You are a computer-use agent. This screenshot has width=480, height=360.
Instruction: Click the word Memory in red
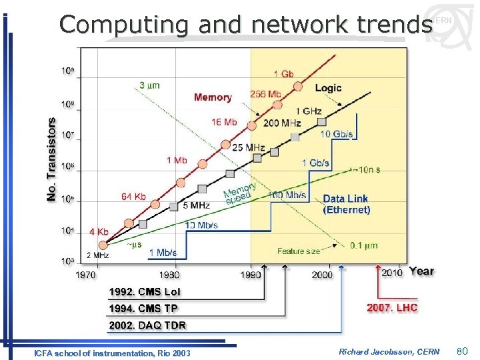213,97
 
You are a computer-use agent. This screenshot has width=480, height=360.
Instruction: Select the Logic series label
328,88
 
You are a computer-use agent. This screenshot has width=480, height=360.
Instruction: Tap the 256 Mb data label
266,94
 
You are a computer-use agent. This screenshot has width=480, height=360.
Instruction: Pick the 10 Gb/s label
337,134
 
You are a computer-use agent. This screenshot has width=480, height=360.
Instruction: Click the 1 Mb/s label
162,253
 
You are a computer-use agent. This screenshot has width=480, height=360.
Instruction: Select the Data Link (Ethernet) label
346,204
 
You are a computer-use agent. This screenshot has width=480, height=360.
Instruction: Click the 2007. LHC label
393,308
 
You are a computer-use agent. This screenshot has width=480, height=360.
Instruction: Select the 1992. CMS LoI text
145,291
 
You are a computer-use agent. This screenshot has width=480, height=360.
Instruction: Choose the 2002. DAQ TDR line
147,325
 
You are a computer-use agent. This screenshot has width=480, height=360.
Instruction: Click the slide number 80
463,351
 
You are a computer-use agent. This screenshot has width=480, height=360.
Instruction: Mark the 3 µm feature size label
149,85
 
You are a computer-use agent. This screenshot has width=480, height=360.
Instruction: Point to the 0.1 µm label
364,245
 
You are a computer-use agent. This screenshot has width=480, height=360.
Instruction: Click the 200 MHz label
281,123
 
